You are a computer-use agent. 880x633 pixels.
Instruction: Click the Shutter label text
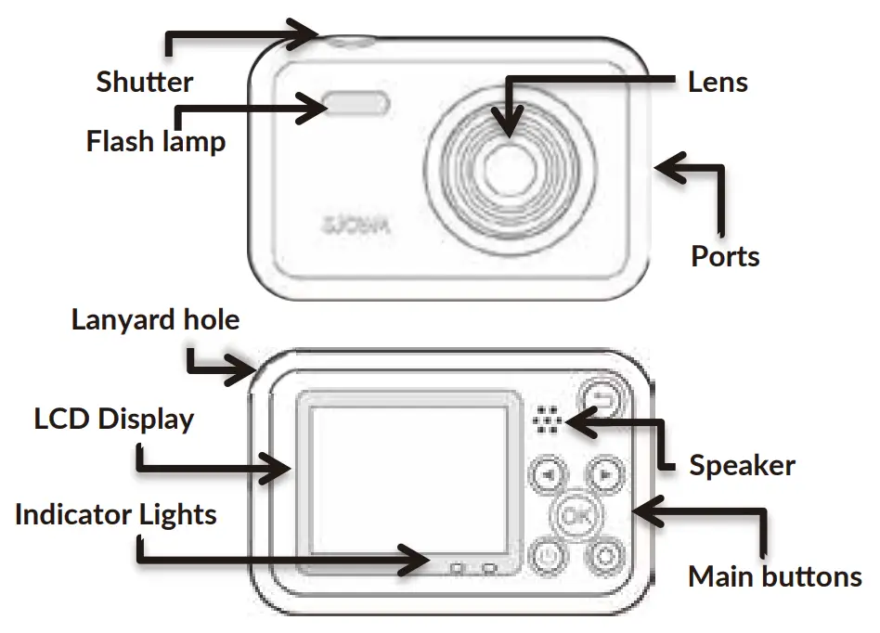coord(145,82)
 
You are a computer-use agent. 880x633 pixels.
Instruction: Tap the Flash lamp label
coord(155,142)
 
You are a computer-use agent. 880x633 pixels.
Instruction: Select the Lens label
coord(718,82)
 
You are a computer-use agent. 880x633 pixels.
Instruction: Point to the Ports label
coord(725,255)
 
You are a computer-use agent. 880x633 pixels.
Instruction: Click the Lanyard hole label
coord(155,320)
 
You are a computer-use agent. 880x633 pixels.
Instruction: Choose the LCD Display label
coord(114,419)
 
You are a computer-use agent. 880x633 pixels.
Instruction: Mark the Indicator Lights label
coord(115,514)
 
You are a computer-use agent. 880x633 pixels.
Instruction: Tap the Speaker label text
coord(742,464)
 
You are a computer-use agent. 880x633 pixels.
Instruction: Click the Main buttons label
coord(774,576)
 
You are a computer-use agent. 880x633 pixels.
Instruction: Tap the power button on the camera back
coord(549,557)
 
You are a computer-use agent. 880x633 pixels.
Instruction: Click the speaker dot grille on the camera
coord(548,420)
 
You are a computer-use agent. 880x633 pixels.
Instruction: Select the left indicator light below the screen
coord(456,566)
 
